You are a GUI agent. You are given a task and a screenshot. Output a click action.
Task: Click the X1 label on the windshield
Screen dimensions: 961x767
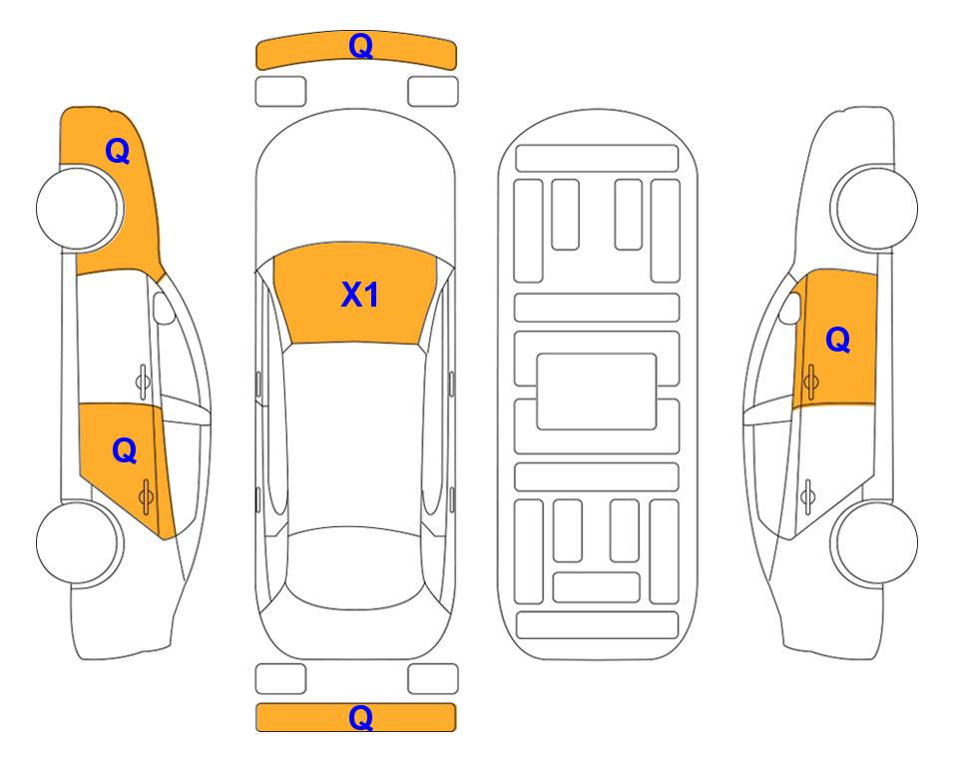point(360,295)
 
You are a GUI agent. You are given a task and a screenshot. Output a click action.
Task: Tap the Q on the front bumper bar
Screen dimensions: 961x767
point(361,46)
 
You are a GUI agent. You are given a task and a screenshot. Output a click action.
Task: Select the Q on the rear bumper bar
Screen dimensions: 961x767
point(360,717)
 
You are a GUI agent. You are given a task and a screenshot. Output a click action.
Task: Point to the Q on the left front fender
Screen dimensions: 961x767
point(118,151)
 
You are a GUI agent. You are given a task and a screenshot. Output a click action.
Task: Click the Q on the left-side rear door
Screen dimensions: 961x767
point(125,451)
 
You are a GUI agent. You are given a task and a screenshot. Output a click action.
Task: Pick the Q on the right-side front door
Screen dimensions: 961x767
point(838,340)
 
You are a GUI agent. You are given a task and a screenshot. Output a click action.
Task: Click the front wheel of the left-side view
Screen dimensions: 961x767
point(78,208)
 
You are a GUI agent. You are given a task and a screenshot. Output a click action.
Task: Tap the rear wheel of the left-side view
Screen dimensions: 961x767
point(78,542)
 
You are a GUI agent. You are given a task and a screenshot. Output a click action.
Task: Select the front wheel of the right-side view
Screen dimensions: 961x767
point(876,208)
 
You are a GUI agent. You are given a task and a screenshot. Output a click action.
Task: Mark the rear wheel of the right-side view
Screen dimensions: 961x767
point(876,542)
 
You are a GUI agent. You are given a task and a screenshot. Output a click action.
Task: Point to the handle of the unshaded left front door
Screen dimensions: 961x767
point(143,382)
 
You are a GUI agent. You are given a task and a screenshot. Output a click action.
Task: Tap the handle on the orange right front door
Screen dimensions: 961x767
point(810,382)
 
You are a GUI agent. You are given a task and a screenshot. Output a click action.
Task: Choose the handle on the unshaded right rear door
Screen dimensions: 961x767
point(807,496)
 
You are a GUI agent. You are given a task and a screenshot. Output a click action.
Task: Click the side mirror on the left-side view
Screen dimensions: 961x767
point(163,308)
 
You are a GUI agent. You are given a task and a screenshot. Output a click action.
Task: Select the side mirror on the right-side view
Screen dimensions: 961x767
point(790,308)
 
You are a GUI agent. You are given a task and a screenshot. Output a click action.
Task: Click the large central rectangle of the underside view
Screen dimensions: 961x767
point(597,391)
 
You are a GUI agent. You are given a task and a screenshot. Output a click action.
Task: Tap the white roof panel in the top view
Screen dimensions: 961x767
point(355,435)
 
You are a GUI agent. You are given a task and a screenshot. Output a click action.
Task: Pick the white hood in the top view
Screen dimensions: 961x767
point(355,178)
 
